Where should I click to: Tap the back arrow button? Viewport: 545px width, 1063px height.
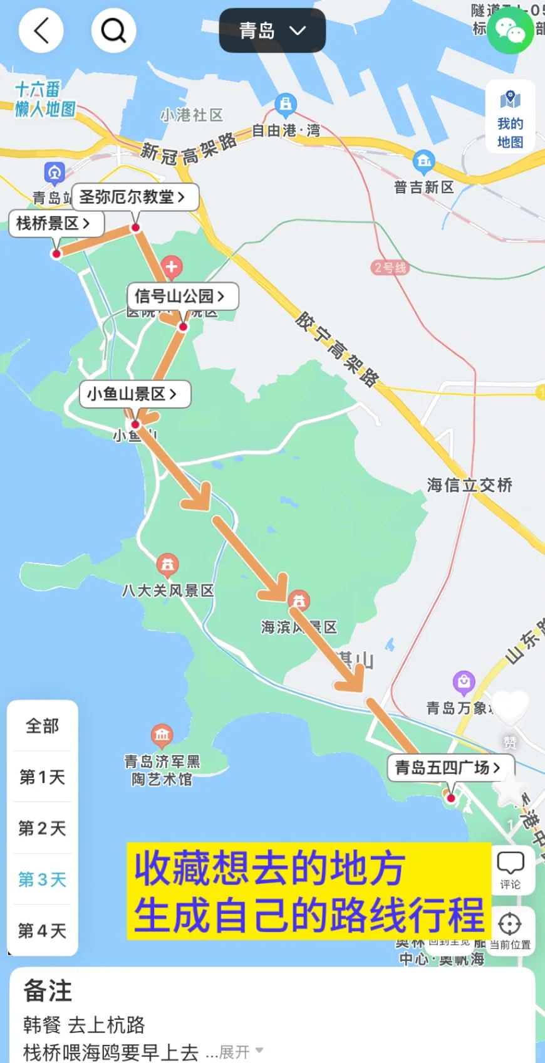[x=41, y=30]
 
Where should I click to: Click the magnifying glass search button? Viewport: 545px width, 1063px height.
[x=113, y=30]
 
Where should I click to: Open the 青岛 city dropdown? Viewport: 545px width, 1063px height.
[x=272, y=31]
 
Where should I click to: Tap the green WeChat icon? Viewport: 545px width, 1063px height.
[x=511, y=30]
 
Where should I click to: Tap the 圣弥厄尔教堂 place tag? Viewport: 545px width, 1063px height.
[x=135, y=197]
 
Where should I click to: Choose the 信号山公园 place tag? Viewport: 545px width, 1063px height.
[x=182, y=296]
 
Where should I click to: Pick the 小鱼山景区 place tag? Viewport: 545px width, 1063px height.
[x=135, y=394]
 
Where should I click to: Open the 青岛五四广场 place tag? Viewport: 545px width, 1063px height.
[x=450, y=767]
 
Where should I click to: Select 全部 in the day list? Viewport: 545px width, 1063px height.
[x=43, y=726]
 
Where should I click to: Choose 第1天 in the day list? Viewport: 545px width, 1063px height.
[x=43, y=778]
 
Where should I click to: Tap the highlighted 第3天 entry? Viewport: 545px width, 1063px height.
[x=43, y=879]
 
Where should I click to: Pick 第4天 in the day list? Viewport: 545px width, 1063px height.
[x=43, y=931]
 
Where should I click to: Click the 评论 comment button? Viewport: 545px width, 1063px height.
[x=510, y=870]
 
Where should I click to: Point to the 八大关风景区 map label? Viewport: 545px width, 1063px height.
[x=168, y=590]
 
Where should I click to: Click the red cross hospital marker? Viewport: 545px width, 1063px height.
[x=171, y=267]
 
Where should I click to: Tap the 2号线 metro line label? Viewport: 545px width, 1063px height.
[x=390, y=268]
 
